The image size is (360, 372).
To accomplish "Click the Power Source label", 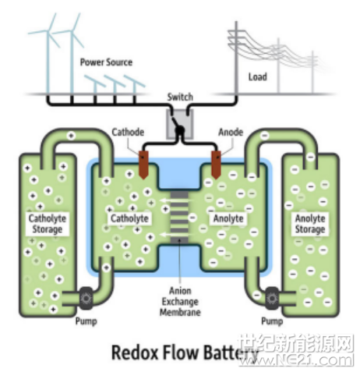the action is click(106, 62).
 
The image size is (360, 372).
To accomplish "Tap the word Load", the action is click(257, 77).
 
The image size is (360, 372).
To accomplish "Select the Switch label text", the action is click(180, 97).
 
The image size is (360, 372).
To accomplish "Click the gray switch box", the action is click(180, 123).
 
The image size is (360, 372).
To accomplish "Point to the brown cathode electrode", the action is click(143, 165).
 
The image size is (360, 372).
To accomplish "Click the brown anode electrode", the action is click(216, 165).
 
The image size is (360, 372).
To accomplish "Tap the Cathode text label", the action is click(128, 132).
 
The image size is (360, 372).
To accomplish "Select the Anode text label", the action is click(231, 132).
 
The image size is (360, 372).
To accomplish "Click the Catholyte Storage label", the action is click(48, 224).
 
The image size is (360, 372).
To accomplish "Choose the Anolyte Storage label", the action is click(310, 224).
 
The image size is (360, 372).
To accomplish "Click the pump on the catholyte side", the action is click(86, 298).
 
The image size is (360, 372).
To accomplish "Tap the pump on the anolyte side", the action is click(272, 298).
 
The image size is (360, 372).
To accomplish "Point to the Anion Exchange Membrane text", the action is click(180, 301).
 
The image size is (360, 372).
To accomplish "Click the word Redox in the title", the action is click(135, 353).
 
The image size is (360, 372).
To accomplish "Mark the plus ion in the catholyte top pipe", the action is click(71, 136).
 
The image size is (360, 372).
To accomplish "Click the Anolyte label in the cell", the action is click(228, 218).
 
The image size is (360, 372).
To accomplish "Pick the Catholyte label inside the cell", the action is click(129, 218).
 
